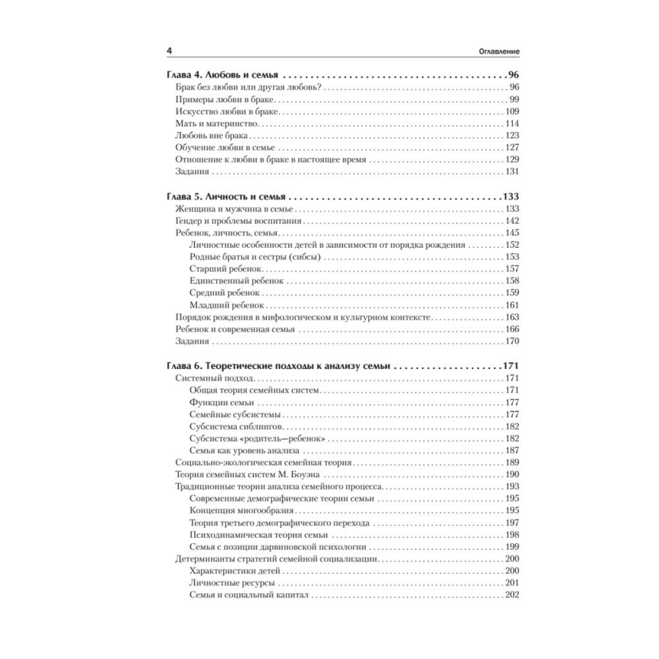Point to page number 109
512,111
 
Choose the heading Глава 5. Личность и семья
225,196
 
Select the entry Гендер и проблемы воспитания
239,221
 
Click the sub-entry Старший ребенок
226,269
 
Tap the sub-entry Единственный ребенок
237,281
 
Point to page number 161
512,305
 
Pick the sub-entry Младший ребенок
227,305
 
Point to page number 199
512,547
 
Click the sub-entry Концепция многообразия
241,511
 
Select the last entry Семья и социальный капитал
249,595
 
